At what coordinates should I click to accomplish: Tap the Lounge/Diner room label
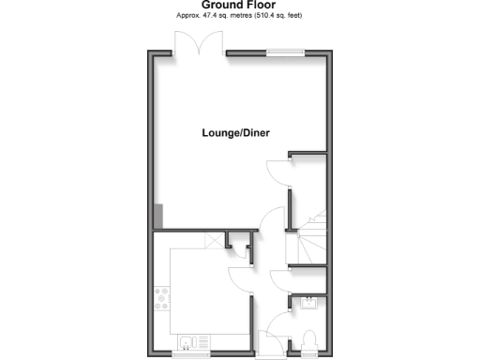[x=236, y=133]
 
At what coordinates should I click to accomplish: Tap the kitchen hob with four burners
[x=161, y=298]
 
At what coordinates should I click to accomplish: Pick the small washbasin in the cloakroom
[x=308, y=301]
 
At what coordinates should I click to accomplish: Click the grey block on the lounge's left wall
[x=157, y=215]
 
